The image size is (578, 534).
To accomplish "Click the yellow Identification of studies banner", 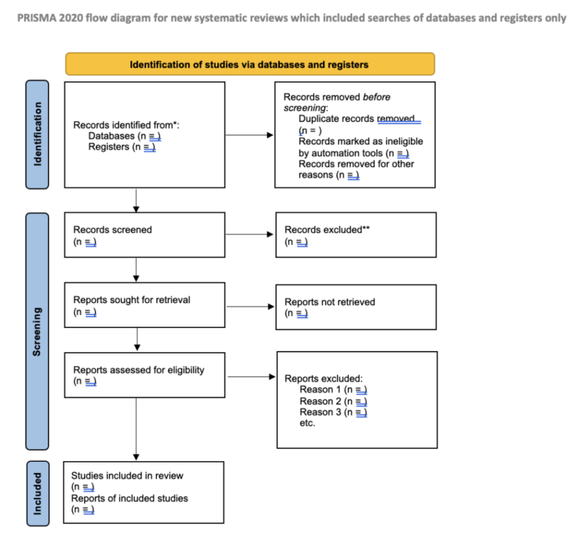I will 250,64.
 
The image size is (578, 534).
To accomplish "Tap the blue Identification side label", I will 37,134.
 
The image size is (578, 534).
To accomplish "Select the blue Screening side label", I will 37,331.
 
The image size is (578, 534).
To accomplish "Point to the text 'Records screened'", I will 112,229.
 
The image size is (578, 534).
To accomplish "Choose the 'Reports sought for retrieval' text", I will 132,299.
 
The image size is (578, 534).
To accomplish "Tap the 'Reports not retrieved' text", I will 330,302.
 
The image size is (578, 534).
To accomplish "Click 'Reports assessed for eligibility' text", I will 138,369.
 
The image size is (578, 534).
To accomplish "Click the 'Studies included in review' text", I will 127,475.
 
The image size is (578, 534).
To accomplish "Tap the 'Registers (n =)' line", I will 121,147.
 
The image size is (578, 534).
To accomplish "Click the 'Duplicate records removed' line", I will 359,119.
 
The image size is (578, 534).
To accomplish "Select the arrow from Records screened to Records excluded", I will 250,234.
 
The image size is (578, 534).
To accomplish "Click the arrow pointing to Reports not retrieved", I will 250,306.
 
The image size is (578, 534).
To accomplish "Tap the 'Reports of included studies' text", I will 129,498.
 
